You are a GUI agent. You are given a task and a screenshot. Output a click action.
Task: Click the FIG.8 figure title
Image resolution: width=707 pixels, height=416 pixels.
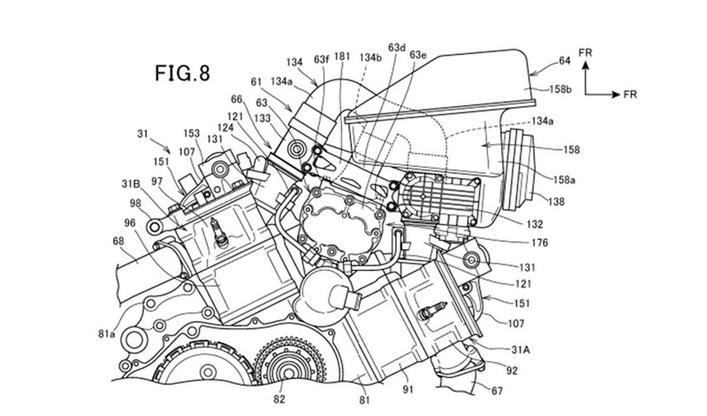click(183, 73)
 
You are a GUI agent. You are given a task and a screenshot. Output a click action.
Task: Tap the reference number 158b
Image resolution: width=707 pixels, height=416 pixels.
click(560, 89)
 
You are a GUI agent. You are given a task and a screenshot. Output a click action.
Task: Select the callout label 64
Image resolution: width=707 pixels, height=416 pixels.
click(565, 60)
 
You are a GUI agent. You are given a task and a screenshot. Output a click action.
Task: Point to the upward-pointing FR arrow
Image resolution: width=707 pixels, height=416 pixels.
click(585, 78)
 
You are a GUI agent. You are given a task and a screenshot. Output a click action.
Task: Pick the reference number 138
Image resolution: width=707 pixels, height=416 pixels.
click(556, 202)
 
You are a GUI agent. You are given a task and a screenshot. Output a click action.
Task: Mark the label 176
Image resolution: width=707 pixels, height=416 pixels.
click(539, 243)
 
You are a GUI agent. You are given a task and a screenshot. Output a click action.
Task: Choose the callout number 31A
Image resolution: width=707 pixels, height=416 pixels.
click(521, 350)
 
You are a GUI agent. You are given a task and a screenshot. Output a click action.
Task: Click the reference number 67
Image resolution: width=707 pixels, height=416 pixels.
click(497, 390)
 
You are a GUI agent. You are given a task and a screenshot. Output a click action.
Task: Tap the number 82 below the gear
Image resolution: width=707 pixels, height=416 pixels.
click(279, 399)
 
